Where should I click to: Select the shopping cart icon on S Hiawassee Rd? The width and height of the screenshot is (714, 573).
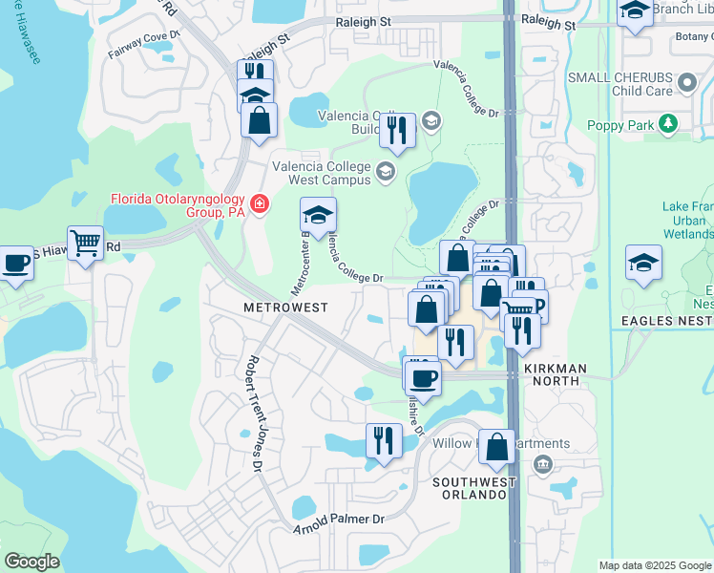[85, 244]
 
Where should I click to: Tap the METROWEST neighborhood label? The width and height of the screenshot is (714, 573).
[285, 308]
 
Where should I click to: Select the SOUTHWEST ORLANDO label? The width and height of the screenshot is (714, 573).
[473, 488]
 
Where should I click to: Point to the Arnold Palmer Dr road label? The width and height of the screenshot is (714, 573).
[339, 522]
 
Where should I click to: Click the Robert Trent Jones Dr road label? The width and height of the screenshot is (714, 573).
[255, 414]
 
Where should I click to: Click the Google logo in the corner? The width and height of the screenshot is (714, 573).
[31, 562]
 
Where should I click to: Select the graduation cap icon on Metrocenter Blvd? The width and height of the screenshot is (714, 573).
[319, 214]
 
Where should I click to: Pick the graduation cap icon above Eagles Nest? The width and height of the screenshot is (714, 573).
[643, 263]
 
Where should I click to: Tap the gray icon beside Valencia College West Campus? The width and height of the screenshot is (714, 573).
[386, 172]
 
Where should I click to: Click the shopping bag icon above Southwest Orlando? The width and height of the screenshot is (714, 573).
[497, 447]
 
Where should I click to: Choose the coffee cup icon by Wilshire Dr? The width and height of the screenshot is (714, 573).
[423, 376]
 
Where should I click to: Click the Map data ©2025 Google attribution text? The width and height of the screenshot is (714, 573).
[654, 565]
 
